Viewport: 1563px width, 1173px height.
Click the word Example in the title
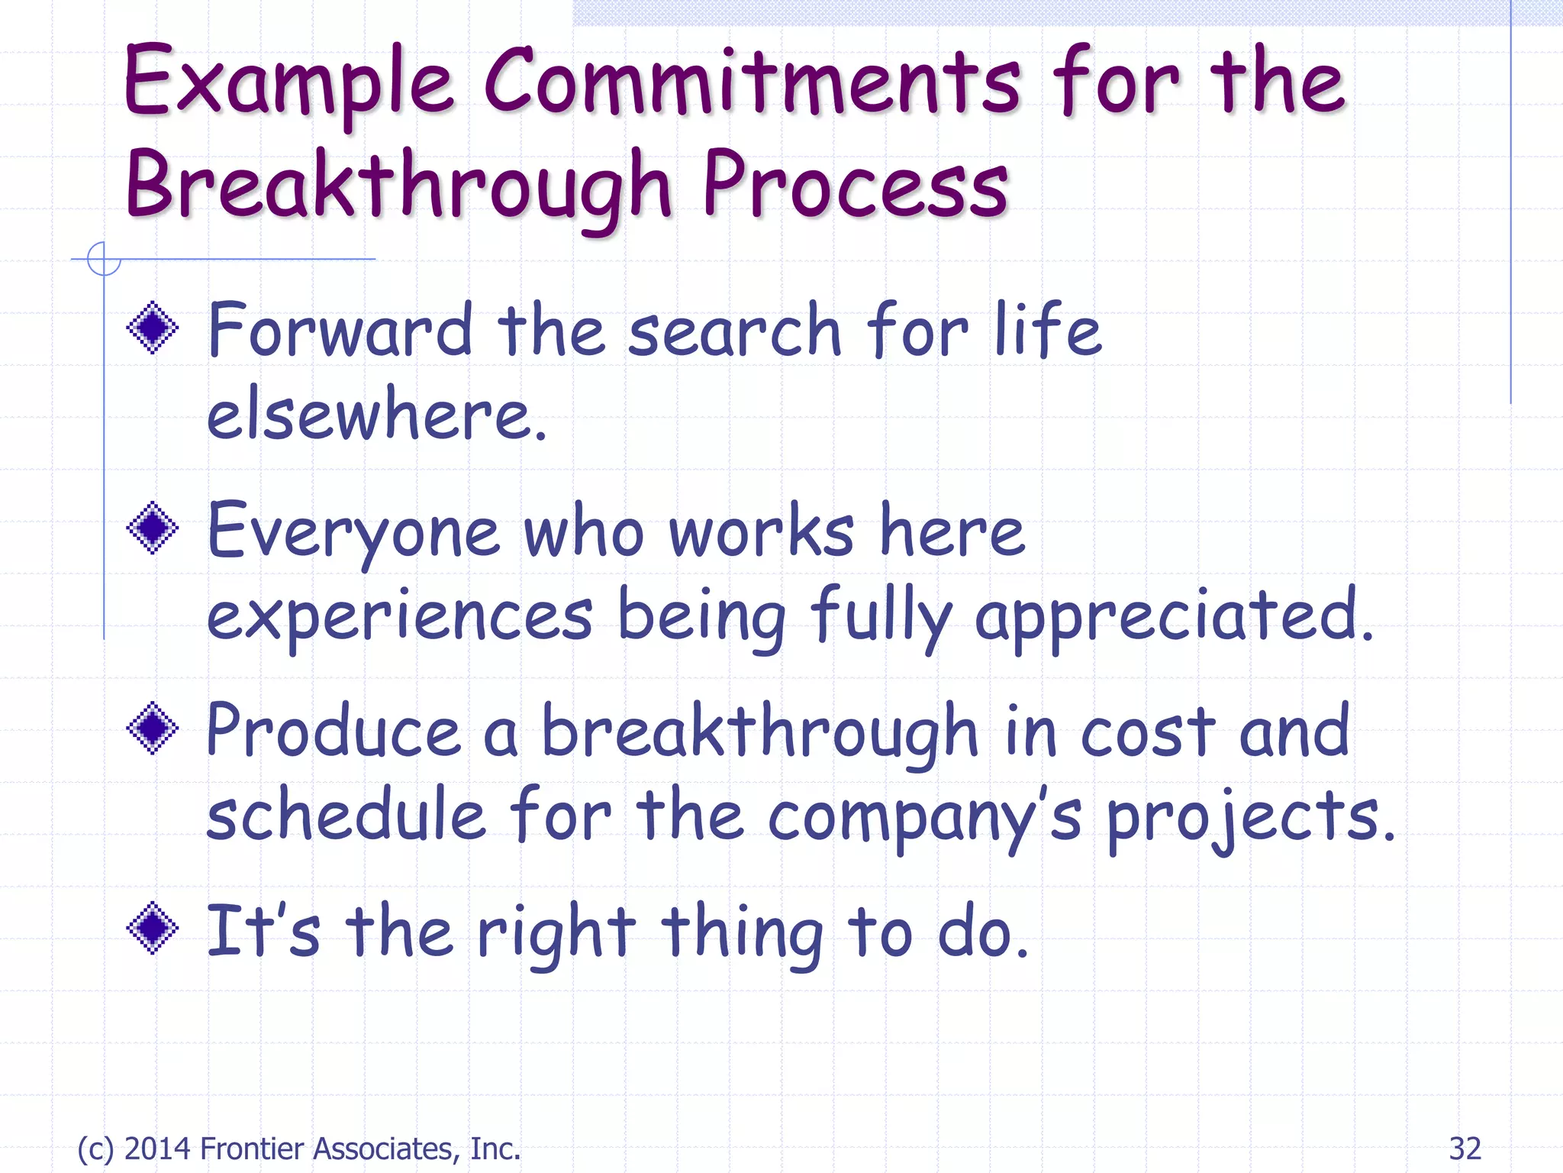(x=288, y=82)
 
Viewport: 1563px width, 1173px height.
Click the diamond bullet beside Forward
(x=153, y=328)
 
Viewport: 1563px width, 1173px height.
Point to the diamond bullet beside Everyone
(x=153, y=528)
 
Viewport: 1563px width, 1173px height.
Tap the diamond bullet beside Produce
(x=153, y=728)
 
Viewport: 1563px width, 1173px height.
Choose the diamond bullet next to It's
(x=153, y=928)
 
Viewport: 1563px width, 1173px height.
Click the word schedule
(x=346, y=816)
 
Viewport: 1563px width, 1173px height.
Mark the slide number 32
(x=1465, y=1149)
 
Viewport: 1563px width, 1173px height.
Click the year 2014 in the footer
(x=158, y=1149)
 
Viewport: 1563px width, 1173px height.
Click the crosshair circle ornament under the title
(x=104, y=259)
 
